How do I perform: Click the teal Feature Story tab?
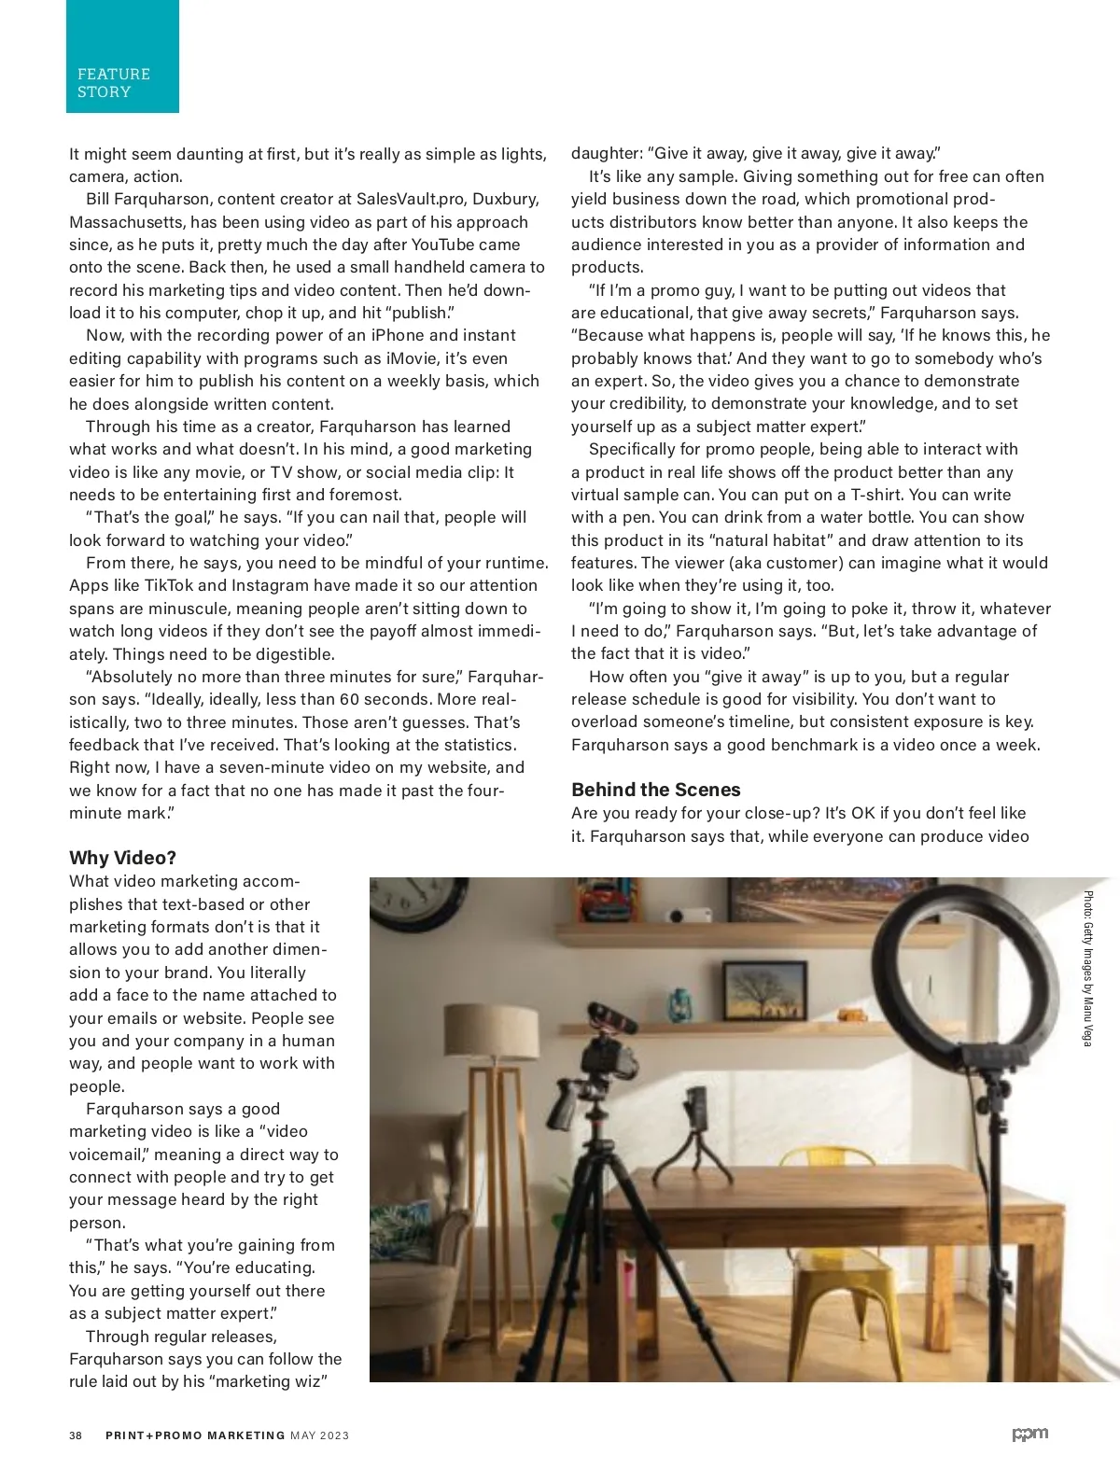(x=121, y=58)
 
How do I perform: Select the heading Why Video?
(x=122, y=858)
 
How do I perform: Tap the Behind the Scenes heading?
(x=655, y=790)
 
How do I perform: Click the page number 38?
(x=75, y=1435)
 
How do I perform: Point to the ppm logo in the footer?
(x=1030, y=1435)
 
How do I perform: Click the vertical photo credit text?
(x=1087, y=969)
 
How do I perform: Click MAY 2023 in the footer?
(x=320, y=1435)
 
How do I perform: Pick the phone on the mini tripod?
(x=696, y=1110)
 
